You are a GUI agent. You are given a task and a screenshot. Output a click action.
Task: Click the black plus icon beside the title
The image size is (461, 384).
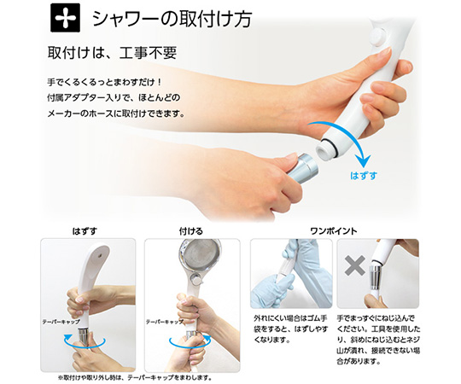65,17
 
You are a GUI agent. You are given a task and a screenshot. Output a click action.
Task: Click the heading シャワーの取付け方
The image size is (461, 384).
172,19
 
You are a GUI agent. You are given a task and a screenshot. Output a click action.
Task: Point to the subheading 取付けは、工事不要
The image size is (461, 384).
112,53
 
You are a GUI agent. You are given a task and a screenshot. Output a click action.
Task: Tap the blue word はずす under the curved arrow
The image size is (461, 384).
364,176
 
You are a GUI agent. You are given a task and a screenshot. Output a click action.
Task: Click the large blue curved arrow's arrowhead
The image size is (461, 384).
365,161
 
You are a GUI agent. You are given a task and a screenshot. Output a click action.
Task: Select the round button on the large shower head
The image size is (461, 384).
378,37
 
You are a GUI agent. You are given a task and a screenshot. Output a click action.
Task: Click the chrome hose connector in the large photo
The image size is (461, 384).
302,168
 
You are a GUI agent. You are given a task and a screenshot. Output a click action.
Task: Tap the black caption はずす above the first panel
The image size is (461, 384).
85,231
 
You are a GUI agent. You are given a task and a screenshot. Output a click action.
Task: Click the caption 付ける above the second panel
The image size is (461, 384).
191,231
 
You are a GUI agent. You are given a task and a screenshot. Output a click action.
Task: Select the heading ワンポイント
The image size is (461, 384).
334,231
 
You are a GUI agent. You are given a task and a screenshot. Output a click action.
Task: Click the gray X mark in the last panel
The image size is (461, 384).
355,265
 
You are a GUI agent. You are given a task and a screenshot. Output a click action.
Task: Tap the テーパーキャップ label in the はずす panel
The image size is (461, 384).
61,322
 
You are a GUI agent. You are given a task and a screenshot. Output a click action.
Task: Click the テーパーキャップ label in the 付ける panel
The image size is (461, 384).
165,322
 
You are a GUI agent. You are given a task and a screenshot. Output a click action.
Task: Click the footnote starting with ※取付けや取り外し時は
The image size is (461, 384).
135,377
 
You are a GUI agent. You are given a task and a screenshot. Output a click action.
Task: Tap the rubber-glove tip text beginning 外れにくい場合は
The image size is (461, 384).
290,329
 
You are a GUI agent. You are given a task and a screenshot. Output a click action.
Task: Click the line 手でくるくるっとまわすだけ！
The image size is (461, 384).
105,82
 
